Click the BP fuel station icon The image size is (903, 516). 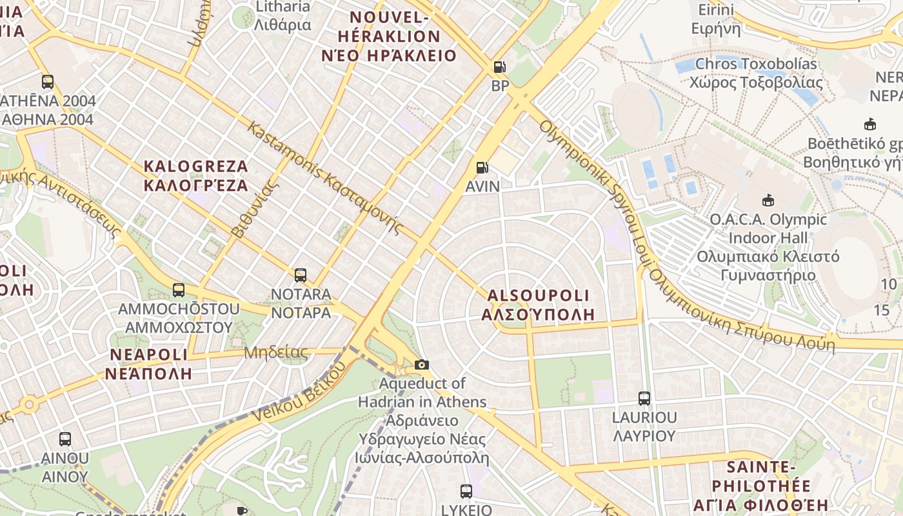pos(499,67)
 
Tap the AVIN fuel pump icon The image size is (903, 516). pos(482,168)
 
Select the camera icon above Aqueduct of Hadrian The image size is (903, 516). pos(421,365)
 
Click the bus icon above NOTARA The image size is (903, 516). pos(300,275)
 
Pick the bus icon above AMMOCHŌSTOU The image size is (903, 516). pos(179,290)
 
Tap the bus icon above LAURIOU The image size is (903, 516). pos(644,399)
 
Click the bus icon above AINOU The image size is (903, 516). pos(64,439)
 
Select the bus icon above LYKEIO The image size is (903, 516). pos(466,491)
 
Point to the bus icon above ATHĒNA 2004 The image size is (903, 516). pos(47,82)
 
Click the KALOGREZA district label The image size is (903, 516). pos(195,175)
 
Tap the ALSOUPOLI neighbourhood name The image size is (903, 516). pos(538,304)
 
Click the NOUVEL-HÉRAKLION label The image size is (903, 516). pos(388,45)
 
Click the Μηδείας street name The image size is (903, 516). pos(275,353)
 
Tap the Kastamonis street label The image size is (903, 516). pos(326,178)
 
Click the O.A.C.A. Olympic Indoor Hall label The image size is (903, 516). pos(768,247)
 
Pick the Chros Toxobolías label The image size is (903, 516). pos(756,73)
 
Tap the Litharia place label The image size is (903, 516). pos(283,15)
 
